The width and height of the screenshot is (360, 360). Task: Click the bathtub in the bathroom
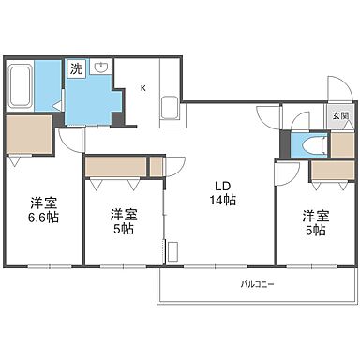pos(21,85)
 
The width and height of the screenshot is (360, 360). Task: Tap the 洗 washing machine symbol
pos(76,68)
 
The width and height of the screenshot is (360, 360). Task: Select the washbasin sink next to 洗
pos(100,67)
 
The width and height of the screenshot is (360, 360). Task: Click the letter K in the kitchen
pos(143,88)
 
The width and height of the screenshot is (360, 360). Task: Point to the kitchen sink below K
pos(170,108)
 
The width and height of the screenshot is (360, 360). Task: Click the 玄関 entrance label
pos(340,115)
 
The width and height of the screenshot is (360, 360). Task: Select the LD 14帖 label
pos(222,193)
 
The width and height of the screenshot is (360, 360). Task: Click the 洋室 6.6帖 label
pos(44,210)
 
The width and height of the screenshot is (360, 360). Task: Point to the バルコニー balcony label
pos(257,284)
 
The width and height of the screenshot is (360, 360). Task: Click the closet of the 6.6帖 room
pos(29,134)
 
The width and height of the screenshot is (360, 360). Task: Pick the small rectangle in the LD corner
pos(172,251)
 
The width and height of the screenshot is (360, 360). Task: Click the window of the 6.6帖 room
pos(50,266)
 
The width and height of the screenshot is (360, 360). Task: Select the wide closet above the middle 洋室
pos(116,167)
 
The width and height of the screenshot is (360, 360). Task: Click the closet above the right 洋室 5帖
pos(333,171)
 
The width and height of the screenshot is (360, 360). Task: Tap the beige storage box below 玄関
pos(342,145)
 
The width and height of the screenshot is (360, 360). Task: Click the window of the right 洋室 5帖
pos(312,266)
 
